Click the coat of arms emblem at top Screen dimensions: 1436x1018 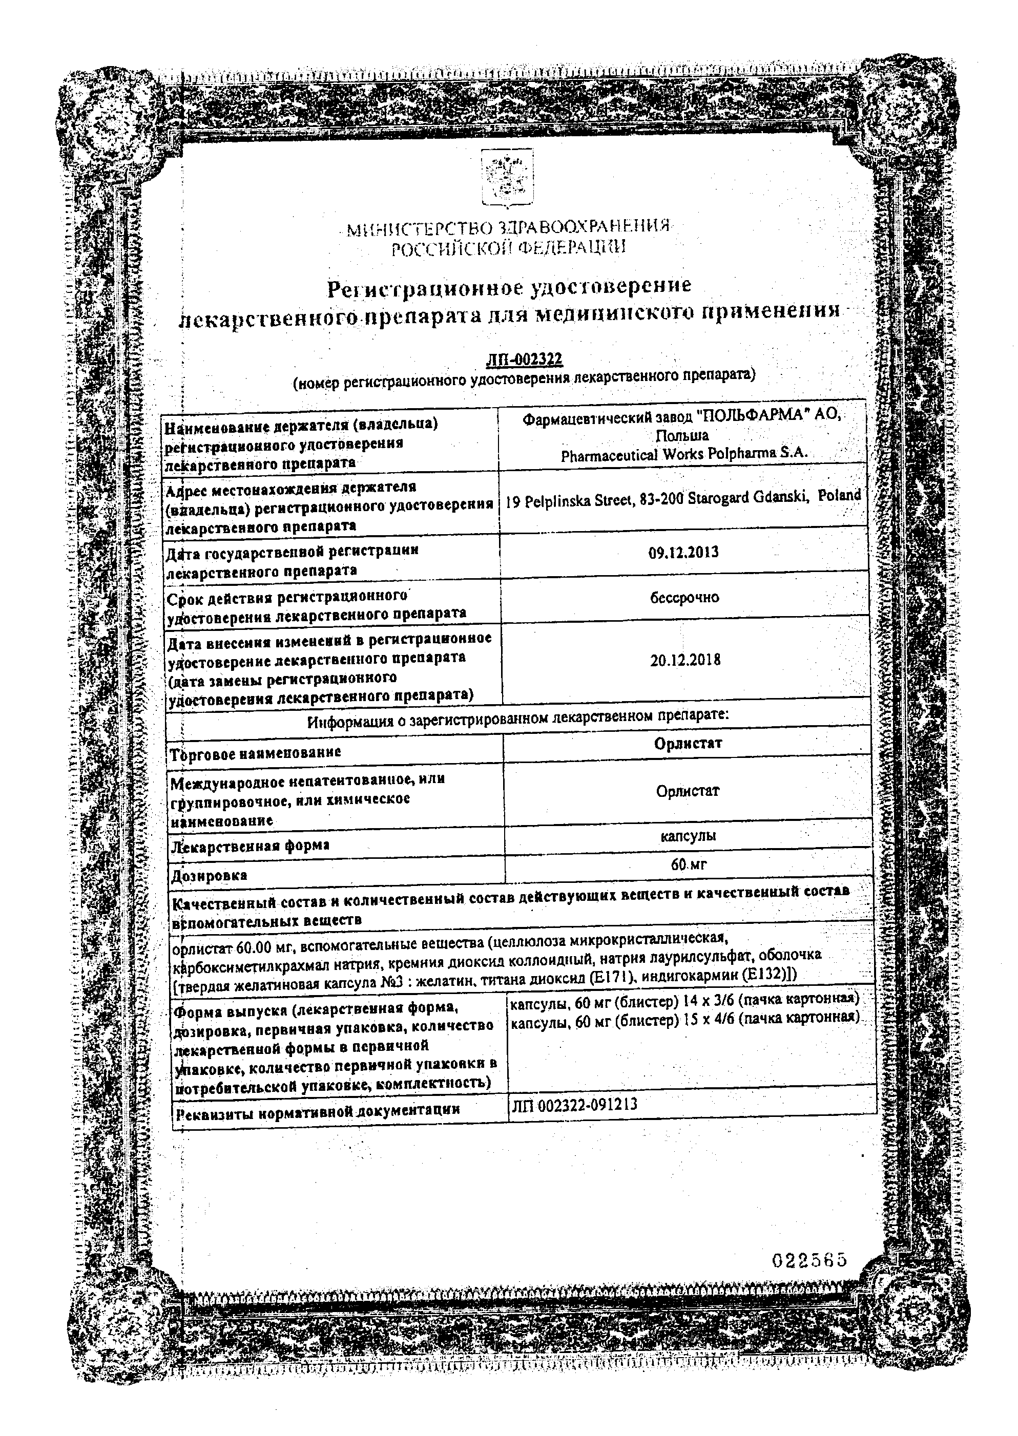pyautogui.click(x=507, y=177)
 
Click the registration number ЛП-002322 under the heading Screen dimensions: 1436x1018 pyautogui.click(x=525, y=359)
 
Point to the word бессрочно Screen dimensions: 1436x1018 pyautogui.click(x=684, y=597)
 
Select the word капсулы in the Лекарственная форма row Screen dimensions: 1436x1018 pyautogui.click(x=688, y=836)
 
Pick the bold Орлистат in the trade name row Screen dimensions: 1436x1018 pyautogui.click(x=688, y=743)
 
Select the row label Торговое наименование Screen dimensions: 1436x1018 pyautogui.click(x=255, y=752)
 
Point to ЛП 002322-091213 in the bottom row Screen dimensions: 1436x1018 pyautogui.click(x=574, y=1105)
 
